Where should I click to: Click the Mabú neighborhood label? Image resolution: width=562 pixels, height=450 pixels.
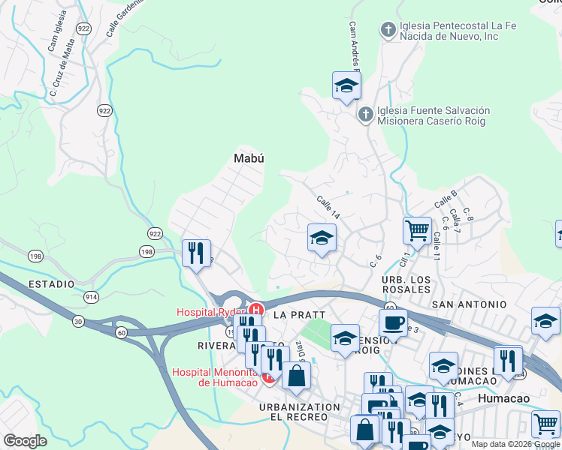(249, 157)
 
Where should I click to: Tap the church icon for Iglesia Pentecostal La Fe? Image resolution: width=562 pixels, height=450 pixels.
(388, 30)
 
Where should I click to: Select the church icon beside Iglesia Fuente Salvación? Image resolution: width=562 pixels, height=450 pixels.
(365, 115)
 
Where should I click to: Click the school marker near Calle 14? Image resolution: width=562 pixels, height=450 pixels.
(322, 239)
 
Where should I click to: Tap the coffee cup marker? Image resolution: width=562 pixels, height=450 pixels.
(392, 322)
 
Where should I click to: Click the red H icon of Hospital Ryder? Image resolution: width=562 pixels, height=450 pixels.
(255, 309)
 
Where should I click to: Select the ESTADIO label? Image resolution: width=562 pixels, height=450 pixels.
(51, 284)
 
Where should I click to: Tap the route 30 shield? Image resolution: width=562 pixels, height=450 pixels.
(77, 322)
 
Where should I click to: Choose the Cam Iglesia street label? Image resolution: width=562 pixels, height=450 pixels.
(54, 34)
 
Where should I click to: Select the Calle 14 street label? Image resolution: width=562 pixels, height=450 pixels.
(328, 208)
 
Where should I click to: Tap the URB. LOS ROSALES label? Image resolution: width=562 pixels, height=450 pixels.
(406, 285)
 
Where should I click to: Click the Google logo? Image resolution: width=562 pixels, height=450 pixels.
(25, 441)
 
